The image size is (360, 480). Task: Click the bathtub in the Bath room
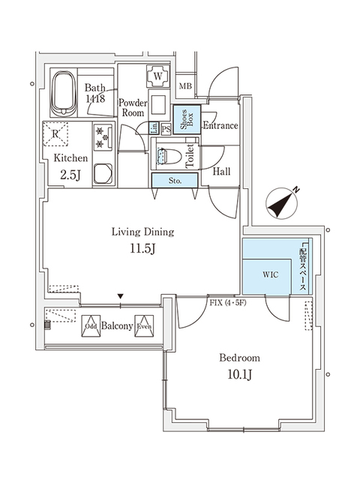64,94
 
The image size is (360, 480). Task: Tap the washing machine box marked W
158,76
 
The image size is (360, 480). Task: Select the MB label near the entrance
185,88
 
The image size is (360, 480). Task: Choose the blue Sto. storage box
174,180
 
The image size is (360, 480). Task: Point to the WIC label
271,274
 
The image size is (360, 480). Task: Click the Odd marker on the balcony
91,326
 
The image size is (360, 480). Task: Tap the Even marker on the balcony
145,326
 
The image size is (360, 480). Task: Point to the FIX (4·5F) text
225,303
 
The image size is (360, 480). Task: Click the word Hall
221,172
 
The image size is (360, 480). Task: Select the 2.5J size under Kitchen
70,175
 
